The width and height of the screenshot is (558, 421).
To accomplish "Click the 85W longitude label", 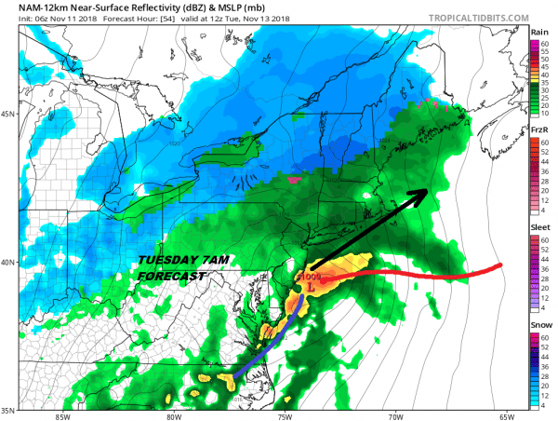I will pos(62,415).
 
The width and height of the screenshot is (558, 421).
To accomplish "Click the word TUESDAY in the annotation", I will pos(166,260).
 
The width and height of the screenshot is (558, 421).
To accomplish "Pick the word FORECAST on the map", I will pos(171,277).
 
